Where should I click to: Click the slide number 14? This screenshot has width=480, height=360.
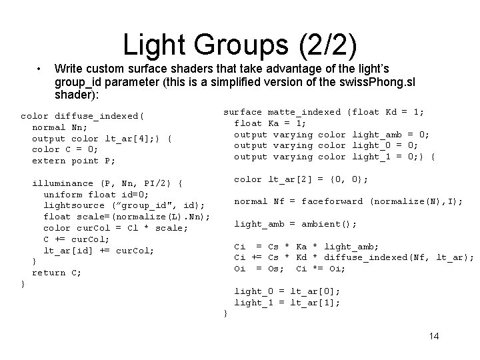pos(433,336)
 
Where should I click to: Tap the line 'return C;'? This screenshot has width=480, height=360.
pos(57,273)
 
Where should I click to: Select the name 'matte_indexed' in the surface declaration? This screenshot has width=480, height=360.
pos(305,111)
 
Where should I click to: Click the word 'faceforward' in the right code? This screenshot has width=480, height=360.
pos(332,201)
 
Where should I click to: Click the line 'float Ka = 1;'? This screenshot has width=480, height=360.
pos(270,123)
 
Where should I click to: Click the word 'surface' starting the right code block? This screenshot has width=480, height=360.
pos(242,111)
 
